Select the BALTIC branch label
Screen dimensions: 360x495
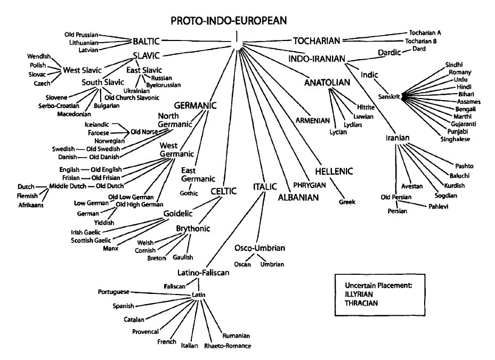tap(146, 40)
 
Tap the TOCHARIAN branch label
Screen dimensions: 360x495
tap(316, 40)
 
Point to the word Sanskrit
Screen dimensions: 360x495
tap(389, 96)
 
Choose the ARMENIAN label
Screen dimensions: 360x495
tap(312, 120)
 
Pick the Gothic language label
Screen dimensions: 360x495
tap(190, 192)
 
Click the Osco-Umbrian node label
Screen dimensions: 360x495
tap(260, 248)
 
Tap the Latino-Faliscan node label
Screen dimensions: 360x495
tap(203, 273)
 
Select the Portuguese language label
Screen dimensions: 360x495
tap(114, 292)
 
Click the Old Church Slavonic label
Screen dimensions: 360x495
tap(132, 97)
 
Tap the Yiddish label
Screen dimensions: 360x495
tap(104, 222)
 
